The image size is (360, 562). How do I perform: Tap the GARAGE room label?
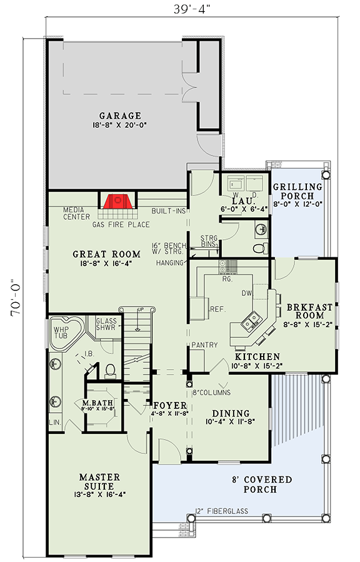tap(119, 116)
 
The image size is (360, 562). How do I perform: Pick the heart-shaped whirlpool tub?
tap(67, 330)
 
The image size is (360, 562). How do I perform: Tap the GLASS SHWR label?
tap(106, 326)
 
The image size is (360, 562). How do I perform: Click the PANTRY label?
tap(204, 345)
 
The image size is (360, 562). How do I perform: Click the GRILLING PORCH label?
tap(297, 192)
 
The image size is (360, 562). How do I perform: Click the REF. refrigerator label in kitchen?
tap(217, 308)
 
